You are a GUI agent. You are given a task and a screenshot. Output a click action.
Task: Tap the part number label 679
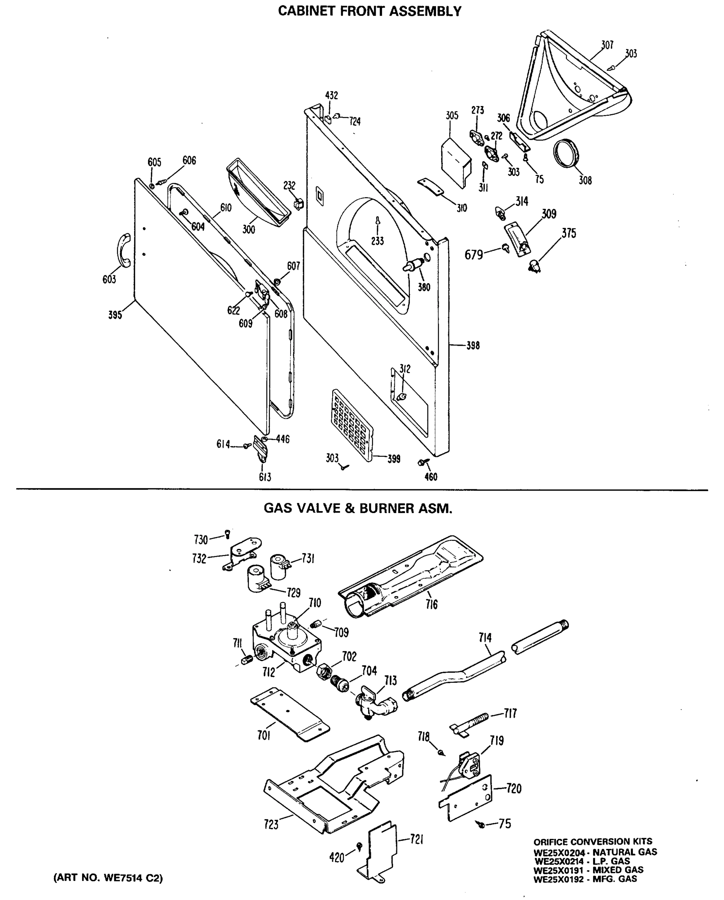(474, 255)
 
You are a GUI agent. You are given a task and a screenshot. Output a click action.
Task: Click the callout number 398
(473, 346)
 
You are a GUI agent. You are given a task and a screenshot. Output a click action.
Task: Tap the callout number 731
(307, 558)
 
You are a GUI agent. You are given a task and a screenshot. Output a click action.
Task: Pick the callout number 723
(271, 825)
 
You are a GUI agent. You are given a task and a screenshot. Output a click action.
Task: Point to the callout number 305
(452, 115)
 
